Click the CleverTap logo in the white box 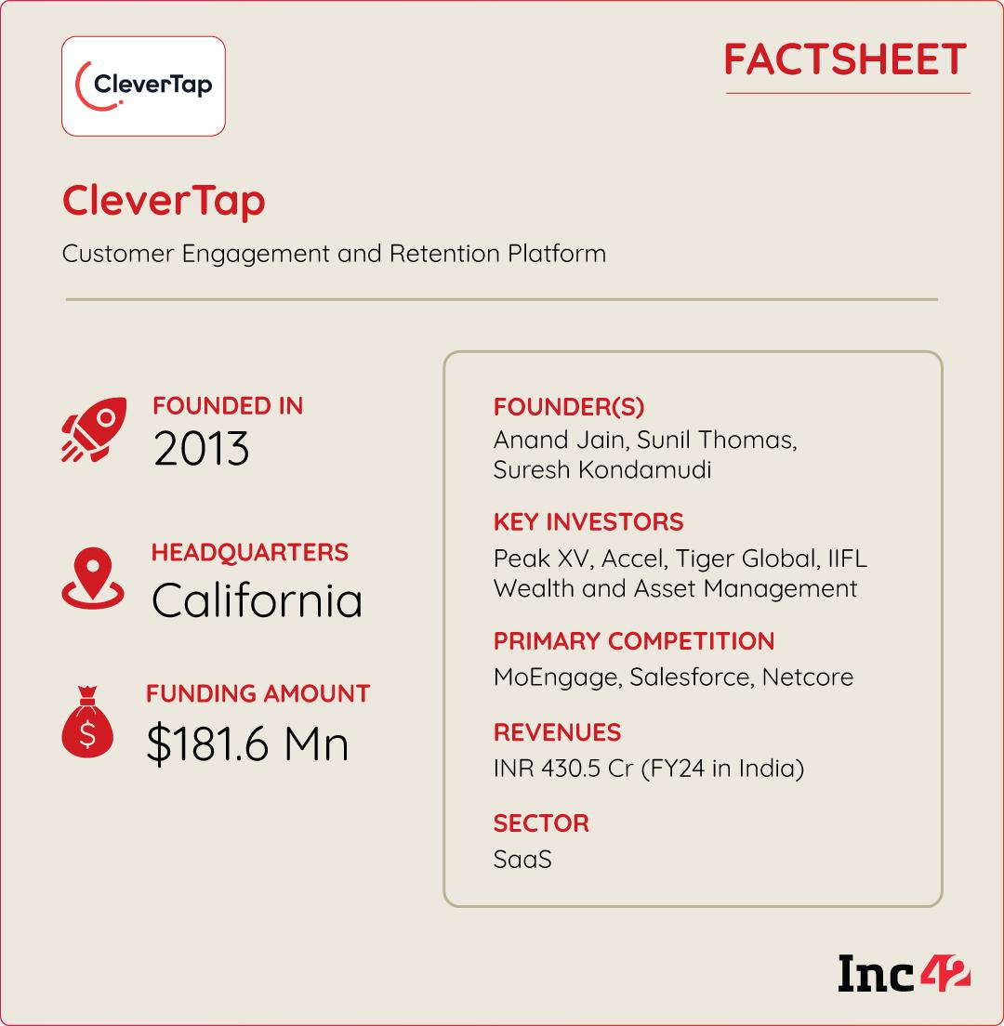[x=143, y=86]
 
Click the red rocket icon [x=93, y=430]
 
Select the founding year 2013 [x=202, y=450]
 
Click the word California [x=257, y=600]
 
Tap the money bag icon [x=87, y=725]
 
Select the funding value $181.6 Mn [x=247, y=744]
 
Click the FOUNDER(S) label [x=569, y=407]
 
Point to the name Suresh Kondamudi [x=602, y=469]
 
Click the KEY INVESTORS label [x=588, y=521]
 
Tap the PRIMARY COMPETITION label [x=634, y=641]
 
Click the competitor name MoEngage [x=555, y=677]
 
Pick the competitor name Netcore [x=807, y=677]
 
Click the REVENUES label [x=557, y=732]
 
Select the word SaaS [x=522, y=860]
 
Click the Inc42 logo [x=904, y=973]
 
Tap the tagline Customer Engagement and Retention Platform [x=334, y=253]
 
